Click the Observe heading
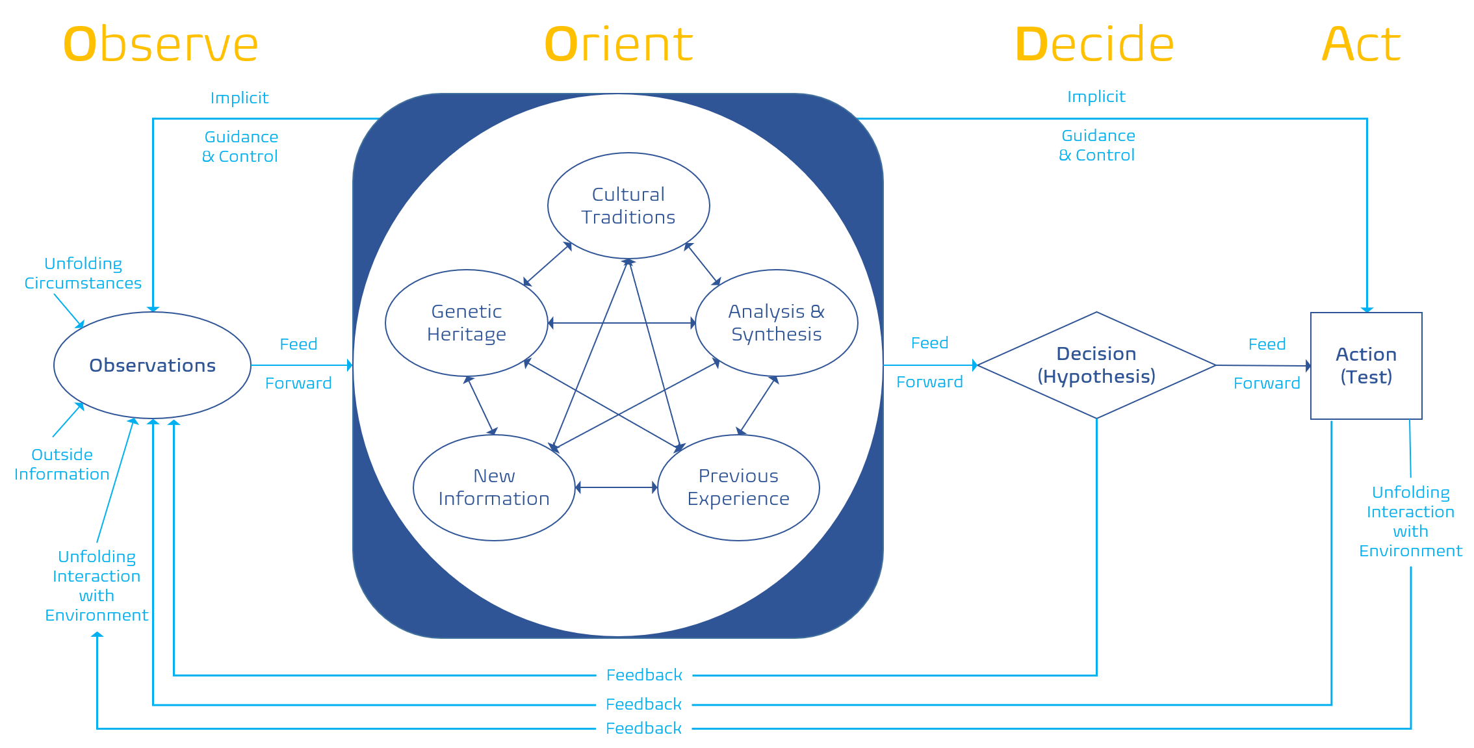coord(161,44)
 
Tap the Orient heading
coord(619,44)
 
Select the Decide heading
coord(1094,44)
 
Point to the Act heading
coord(1361,44)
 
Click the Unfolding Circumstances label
coord(83,274)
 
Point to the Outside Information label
coord(62,465)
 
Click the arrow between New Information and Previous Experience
coord(617,487)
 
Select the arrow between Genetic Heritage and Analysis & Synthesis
coord(622,323)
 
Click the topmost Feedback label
coord(644,675)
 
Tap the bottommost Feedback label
coord(643,729)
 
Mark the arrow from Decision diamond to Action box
coord(1263,366)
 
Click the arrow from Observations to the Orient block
coord(302,365)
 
